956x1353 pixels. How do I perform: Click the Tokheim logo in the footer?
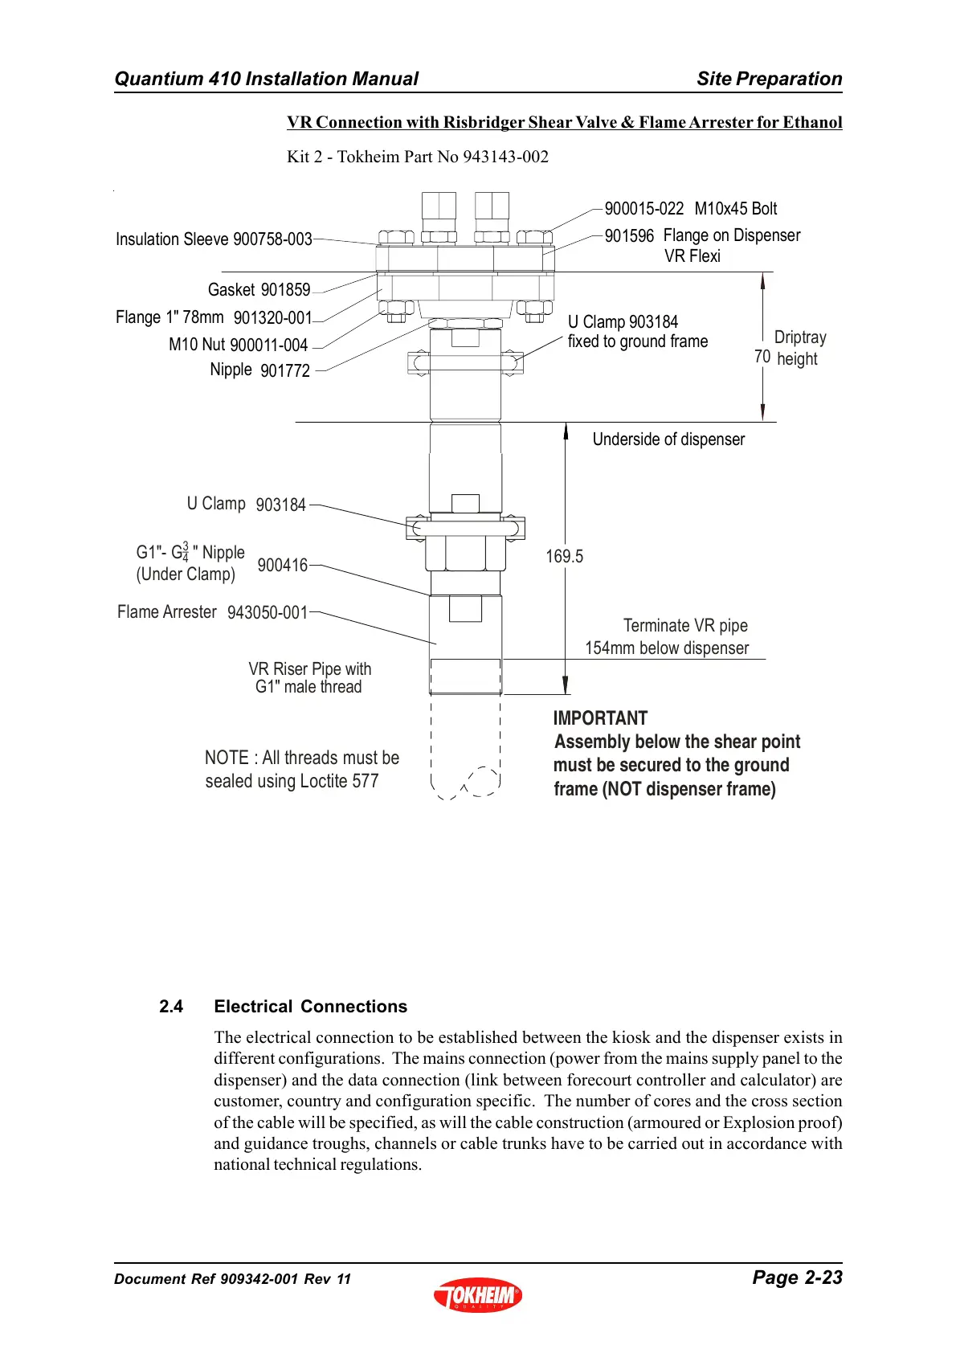tap(478, 1295)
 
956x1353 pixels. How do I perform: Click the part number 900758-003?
tap(272, 239)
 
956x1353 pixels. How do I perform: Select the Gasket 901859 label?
tap(259, 290)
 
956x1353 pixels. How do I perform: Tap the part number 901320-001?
tap(272, 318)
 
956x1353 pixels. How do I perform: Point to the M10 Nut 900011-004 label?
tap(238, 345)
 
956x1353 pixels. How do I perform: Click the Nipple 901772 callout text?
tap(259, 370)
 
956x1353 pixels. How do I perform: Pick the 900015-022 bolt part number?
tap(643, 209)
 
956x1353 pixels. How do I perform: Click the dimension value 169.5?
tap(564, 556)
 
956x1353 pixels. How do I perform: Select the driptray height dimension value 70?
tap(762, 357)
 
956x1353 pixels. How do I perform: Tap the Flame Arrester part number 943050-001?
tap(268, 613)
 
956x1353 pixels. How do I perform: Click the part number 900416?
tap(282, 566)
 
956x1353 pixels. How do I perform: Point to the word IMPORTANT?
tap(600, 718)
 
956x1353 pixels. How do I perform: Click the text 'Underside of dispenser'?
tap(668, 439)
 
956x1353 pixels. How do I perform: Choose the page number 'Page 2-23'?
tap(797, 1277)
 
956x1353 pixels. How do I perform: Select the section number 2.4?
tap(171, 1007)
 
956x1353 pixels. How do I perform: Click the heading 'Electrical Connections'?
tap(310, 1007)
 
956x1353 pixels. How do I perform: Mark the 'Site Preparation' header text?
tap(769, 79)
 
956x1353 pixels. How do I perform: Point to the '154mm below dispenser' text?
tap(667, 648)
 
